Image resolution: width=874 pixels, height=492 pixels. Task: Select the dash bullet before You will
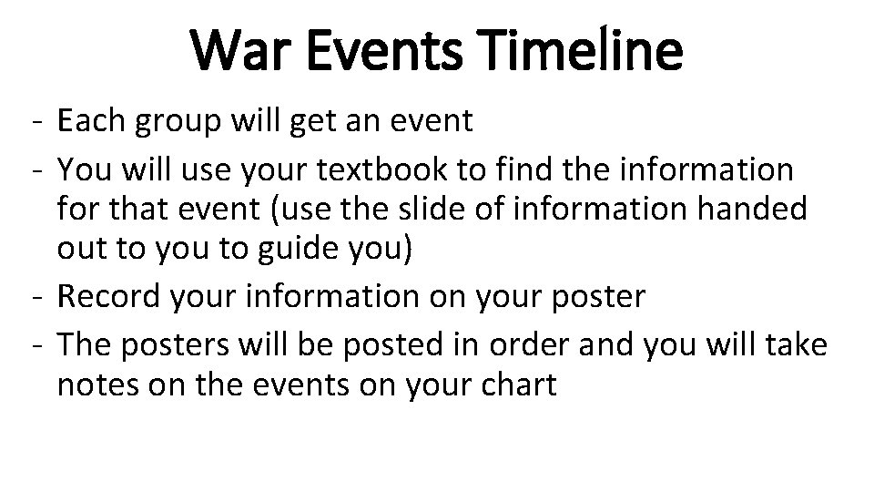point(32,168)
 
